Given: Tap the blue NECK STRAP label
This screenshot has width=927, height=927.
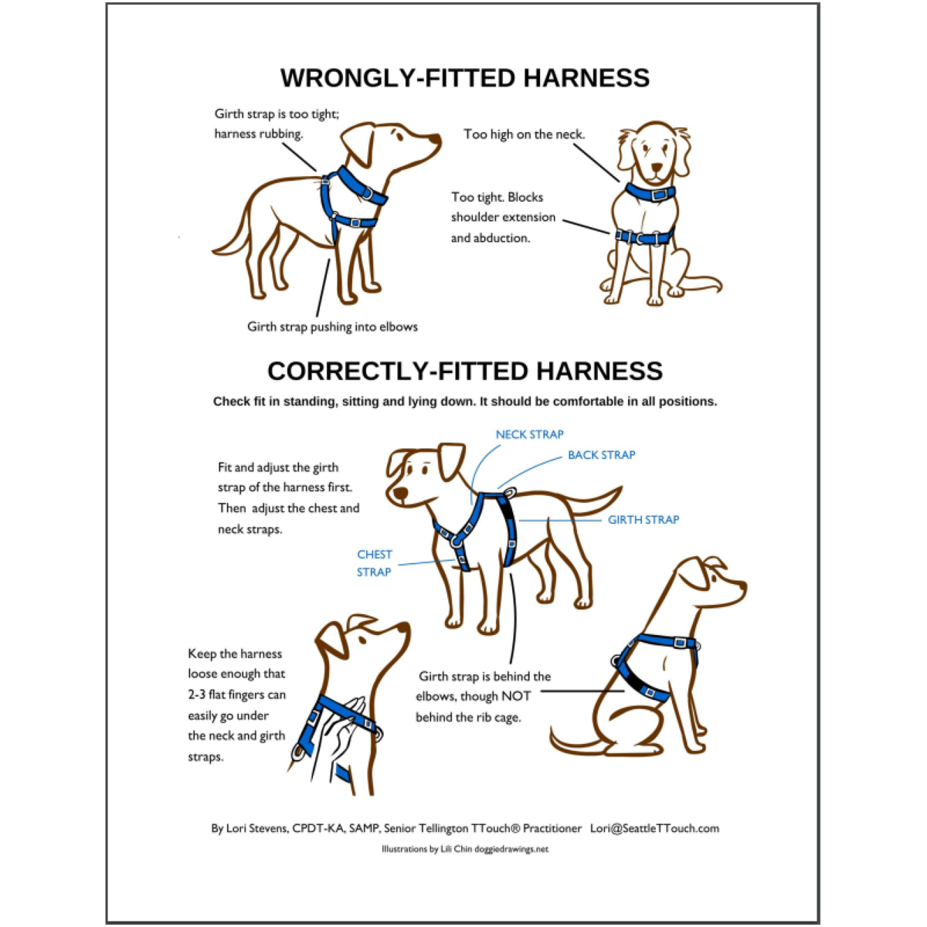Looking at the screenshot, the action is tap(529, 434).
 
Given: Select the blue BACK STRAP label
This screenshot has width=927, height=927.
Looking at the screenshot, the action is tap(601, 455).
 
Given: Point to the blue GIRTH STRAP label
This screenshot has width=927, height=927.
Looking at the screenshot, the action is tap(643, 520).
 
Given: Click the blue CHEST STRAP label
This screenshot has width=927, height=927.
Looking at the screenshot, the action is tap(374, 563).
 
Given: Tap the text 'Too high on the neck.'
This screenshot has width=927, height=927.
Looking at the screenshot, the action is tap(524, 134).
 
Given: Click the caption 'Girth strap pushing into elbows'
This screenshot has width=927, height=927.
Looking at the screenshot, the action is tap(332, 327).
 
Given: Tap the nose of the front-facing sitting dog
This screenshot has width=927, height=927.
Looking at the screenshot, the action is tap(657, 168).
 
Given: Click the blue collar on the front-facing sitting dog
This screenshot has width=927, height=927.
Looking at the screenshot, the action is tap(650, 192).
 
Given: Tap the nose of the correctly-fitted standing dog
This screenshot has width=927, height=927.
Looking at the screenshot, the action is tap(399, 493).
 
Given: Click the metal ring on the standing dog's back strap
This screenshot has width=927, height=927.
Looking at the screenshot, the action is tap(510, 492).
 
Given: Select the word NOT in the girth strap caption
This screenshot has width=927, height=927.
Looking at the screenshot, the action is tap(516, 696).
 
